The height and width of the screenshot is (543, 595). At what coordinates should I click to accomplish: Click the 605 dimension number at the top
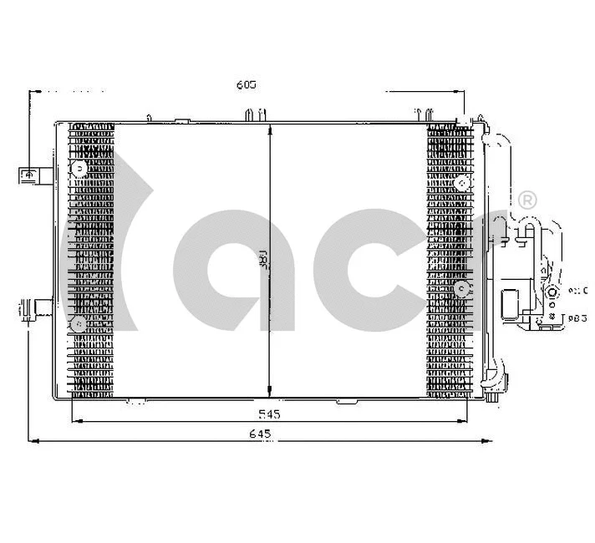245,84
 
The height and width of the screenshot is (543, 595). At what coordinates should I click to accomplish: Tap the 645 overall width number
262,434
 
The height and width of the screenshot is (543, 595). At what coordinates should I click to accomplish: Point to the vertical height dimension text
262,261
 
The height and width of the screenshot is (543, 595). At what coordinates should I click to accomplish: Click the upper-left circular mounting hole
79,170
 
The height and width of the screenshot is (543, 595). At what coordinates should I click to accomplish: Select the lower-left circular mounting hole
78,322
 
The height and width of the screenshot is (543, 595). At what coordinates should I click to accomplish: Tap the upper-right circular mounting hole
461,184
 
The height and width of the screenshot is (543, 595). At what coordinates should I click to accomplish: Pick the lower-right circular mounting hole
461,288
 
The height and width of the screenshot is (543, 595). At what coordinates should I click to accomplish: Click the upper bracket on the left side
32,175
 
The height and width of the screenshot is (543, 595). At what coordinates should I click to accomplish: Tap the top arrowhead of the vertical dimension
269,130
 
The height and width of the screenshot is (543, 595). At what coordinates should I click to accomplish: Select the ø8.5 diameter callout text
577,318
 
